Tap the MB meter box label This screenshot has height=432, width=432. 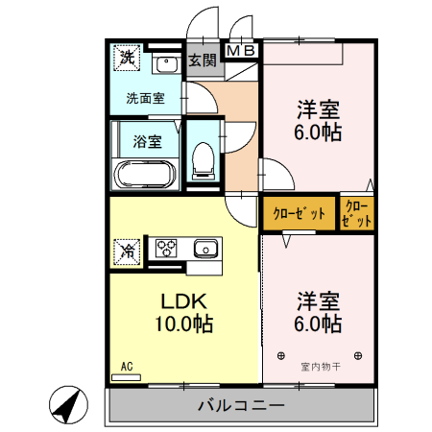242,50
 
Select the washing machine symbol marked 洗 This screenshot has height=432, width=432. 127,59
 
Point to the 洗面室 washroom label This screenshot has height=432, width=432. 145,97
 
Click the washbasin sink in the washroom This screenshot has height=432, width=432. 165,65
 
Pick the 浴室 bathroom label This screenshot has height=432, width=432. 146,140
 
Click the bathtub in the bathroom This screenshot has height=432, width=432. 144,175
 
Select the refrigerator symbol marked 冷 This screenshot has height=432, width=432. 127,251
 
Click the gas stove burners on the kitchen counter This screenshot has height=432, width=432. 168,249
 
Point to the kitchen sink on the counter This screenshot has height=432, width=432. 205,250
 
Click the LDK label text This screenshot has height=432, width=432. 182,300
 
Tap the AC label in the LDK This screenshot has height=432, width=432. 126,366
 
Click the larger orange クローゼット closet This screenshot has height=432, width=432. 299,213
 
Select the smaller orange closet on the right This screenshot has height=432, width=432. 355,213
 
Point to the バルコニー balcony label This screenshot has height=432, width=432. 241,405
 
